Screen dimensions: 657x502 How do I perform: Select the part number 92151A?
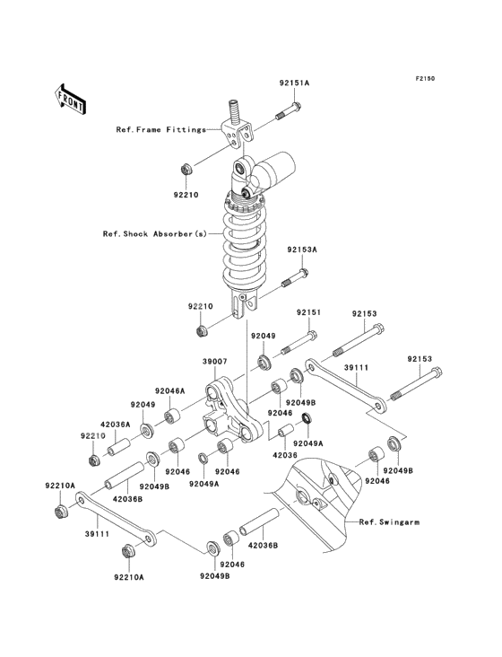(293, 83)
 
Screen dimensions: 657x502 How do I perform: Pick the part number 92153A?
(302, 250)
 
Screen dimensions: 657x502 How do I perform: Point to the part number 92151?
(309, 313)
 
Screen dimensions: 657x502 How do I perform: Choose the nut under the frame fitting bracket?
(185, 168)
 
